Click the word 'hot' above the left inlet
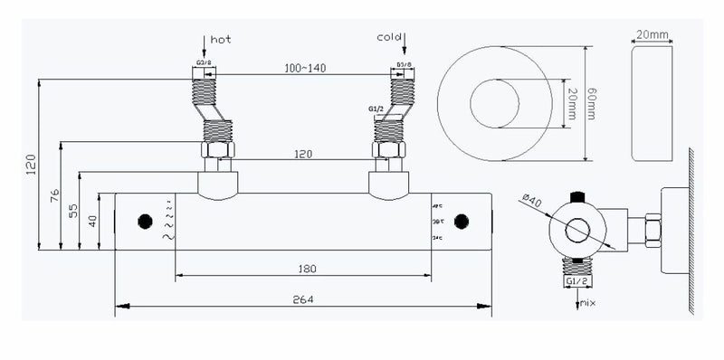pyautogui.click(x=221, y=40)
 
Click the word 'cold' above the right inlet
pyautogui.click(x=389, y=37)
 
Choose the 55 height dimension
pyautogui.click(x=75, y=210)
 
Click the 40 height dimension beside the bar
pyautogui.click(x=93, y=221)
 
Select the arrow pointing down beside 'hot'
pyautogui.click(x=202, y=44)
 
